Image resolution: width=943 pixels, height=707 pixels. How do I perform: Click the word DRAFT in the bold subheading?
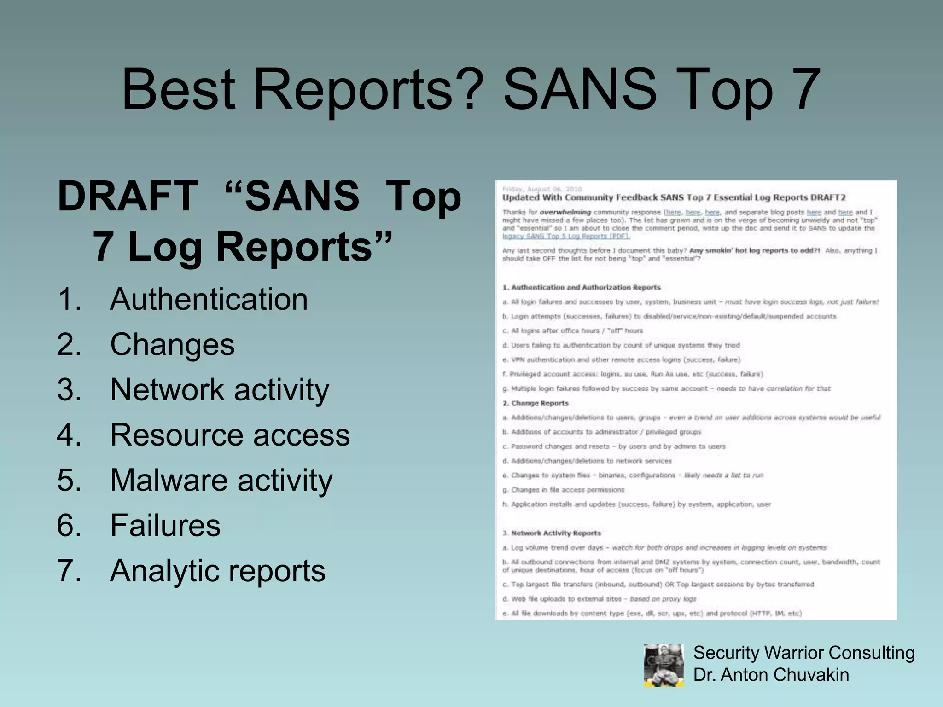coord(128,196)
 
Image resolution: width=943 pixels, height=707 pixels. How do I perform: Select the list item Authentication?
coord(209,299)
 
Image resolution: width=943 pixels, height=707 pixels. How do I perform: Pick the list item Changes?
coord(172,344)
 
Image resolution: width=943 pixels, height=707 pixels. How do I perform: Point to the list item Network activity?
coord(220,390)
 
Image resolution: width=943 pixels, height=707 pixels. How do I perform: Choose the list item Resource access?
coord(230,435)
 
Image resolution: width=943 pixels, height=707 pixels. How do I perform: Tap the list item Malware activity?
coord(221,480)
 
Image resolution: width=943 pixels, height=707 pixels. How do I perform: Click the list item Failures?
coord(165,525)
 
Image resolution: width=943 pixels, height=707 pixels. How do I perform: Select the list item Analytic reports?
coord(217,571)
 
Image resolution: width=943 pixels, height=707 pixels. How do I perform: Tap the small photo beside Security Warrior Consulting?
coord(664,665)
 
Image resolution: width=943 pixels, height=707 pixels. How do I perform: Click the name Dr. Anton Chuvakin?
coord(771,675)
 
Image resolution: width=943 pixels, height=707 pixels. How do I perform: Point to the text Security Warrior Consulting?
coord(803,653)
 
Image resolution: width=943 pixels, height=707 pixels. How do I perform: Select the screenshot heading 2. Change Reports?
coord(536,403)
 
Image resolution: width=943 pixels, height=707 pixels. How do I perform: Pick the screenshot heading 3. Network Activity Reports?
coord(552,533)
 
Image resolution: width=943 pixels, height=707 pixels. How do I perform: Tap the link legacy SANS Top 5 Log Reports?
coord(566,236)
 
